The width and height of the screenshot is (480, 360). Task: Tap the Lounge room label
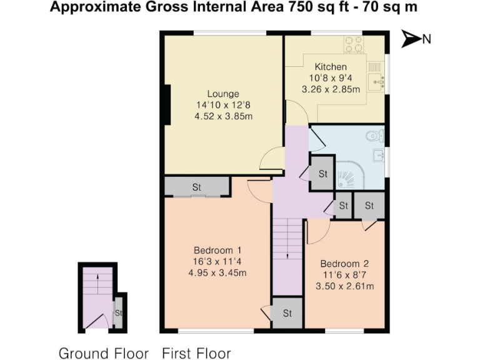(x=223, y=94)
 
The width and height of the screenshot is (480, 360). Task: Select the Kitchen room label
(x=331, y=67)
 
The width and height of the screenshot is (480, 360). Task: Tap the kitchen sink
(x=376, y=80)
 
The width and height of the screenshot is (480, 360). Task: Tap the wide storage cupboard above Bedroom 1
(x=196, y=186)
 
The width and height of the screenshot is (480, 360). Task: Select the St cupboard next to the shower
(x=322, y=174)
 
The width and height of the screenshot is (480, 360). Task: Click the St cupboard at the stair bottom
(x=287, y=313)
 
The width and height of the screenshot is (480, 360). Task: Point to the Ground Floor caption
(x=104, y=353)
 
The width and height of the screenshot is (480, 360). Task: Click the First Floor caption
(x=196, y=353)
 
